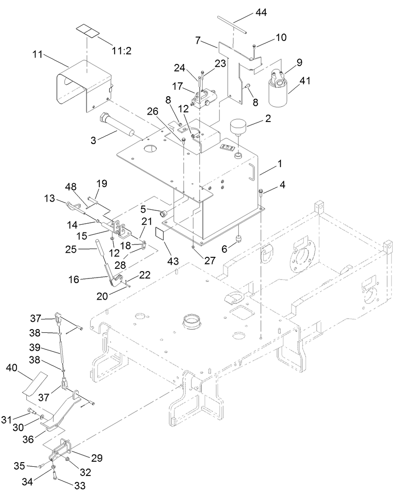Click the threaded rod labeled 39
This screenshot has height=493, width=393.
[61, 352]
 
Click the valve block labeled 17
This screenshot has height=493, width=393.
[204, 98]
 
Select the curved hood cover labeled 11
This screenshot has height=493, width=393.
[85, 85]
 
